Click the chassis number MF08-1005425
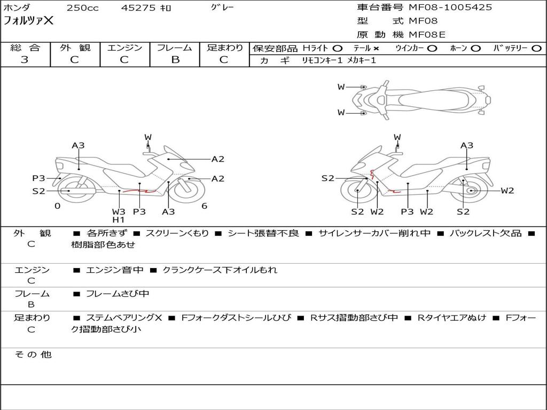(x=450, y=7)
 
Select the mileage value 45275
(x=138, y=7)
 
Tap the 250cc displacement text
(x=83, y=7)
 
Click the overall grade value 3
(x=25, y=60)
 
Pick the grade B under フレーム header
(x=175, y=60)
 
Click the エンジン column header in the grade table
(x=125, y=48)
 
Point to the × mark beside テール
(x=376, y=49)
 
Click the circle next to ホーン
(x=475, y=49)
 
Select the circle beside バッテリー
(x=536, y=49)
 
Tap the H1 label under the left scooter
(x=118, y=219)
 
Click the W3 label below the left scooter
(x=119, y=211)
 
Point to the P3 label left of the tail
(x=38, y=178)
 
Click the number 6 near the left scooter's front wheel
(x=205, y=206)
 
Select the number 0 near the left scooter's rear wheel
(x=58, y=206)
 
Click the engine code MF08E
(x=427, y=35)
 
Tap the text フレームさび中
(x=118, y=294)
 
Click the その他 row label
(x=33, y=354)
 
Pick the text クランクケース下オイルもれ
(x=220, y=270)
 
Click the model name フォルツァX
(x=29, y=21)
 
